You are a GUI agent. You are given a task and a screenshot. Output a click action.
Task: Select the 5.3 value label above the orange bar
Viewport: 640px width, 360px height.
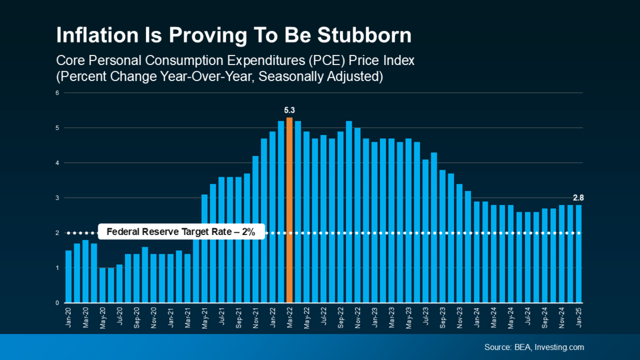point(289,110)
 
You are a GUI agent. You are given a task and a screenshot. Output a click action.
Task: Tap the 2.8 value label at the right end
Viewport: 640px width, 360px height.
point(578,197)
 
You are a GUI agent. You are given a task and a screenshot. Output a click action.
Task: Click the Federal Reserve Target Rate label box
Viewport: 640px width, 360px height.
point(181,233)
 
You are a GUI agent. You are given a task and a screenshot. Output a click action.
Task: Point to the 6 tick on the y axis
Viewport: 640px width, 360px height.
point(57,93)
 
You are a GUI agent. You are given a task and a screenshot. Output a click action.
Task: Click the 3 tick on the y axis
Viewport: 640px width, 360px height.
point(57,198)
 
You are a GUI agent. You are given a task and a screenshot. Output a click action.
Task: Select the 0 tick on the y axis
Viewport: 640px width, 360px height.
point(57,303)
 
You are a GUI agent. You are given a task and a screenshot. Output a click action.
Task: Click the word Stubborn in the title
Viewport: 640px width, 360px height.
point(364,36)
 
